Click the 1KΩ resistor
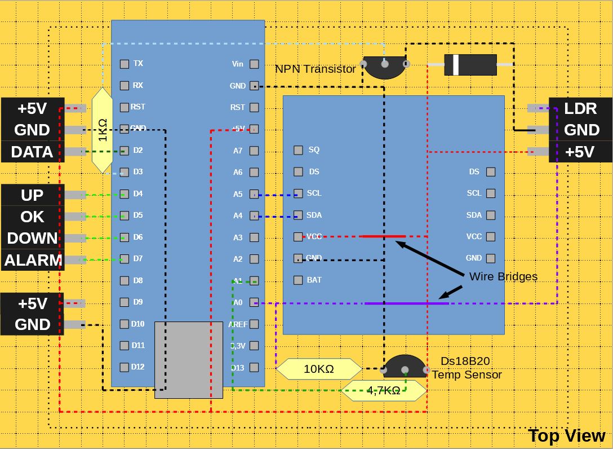point(102,130)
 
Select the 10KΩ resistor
point(319,369)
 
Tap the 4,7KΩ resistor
point(384,390)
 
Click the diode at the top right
point(470,65)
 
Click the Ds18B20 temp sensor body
point(405,367)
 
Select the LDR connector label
point(581,108)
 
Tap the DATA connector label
point(32,152)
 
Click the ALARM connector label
point(33,260)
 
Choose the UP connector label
point(32,195)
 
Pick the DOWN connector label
point(33,238)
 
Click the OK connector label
point(32,217)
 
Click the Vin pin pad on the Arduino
point(254,64)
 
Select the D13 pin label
point(237,368)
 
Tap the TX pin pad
point(125,64)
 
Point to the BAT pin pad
point(298,280)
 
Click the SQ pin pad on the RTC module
point(299,150)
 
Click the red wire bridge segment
point(383,236)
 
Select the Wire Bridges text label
point(503,276)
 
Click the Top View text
point(566,435)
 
